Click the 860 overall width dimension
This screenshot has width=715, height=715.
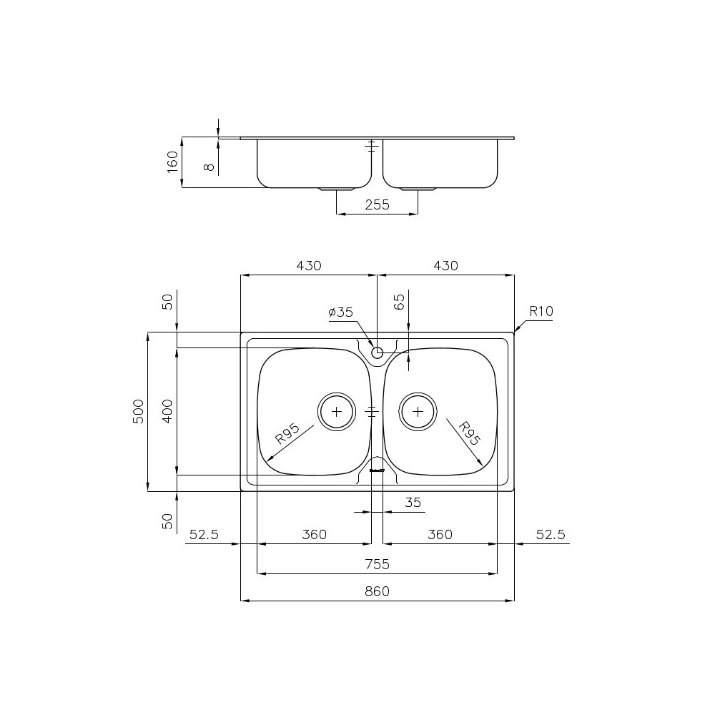pyautogui.click(x=377, y=591)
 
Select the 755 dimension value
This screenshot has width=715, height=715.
pyautogui.click(x=377, y=564)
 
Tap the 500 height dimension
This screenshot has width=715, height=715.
pyautogui.click(x=139, y=411)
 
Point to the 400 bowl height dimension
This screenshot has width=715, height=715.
pyautogui.click(x=167, y=411)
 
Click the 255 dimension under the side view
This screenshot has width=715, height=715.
pyautogui.click(x=377, y=204)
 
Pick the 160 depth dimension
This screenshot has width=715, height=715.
pyautogui.click(x=172, y=162)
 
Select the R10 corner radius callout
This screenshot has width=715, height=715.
pyautogui.click(x=541, y=312)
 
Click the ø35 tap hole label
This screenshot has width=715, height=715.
pyautogui.click(x=340, y=312)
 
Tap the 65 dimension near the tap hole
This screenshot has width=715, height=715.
pyautogui.click(x=400, y=300)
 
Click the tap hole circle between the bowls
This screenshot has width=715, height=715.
pyautogui.click(x=378, y=352)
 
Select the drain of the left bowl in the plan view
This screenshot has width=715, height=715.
pyautogui.click(x=336, y=411)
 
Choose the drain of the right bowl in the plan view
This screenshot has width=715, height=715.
pyautogui.click(x=418, y=411)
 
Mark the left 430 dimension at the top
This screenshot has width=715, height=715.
pyautogui.click(x=309, y=266)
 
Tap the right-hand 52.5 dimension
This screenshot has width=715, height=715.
pyautogui.click(x=551, y=535)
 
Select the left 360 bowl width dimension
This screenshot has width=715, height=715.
pyautogui.click(x=314, y=535)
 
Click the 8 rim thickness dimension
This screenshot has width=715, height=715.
pyautogui.click(x=208, y=166)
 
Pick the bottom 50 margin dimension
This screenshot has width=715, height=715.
pyautogui.click(x=167, y=520)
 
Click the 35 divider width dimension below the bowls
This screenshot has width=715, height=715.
pyautogui.click(x=413, y=503)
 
